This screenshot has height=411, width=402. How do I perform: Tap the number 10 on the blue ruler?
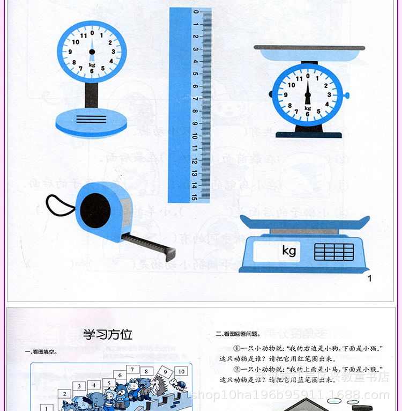click(x=195, y=136)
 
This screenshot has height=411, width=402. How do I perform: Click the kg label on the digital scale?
click(x=289, y=251)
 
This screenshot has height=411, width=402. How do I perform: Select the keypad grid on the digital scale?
click(x=334, y=251)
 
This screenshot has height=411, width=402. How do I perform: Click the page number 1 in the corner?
click(x=369, y=278)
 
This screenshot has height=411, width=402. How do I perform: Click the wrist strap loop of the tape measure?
click(x=59, y=205)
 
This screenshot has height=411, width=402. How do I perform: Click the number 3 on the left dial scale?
click(x=113, y=52)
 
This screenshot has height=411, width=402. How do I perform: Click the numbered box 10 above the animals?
click(x=181, y=371)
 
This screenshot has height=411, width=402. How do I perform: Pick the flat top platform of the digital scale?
click(x=304, y=222)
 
